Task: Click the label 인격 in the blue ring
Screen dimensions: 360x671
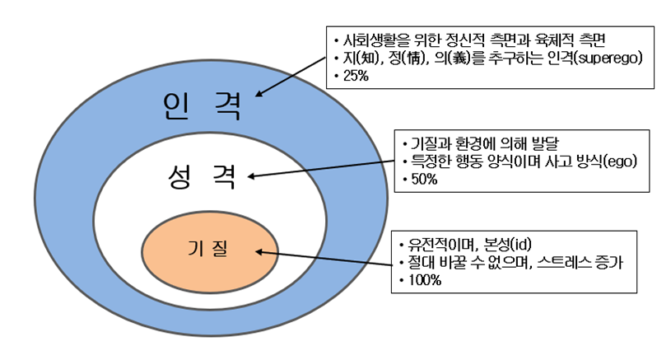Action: pyautogui.click(x=202, y=105)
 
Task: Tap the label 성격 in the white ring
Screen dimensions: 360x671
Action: pyautogui.click(x=202, y=176)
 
